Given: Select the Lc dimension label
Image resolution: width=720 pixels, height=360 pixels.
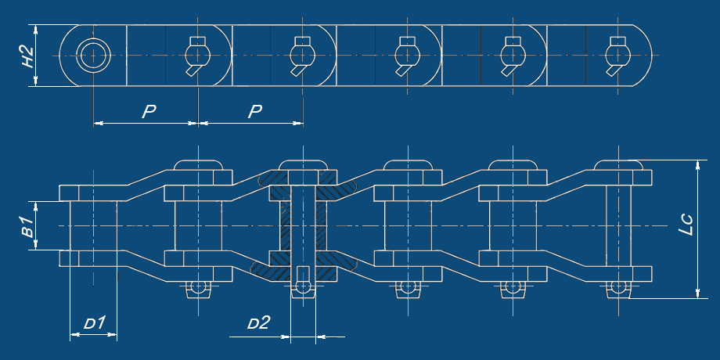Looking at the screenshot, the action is pyautogui.click(x=686, y=225).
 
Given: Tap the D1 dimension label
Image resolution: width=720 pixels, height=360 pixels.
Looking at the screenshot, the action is pyautogui.click(x=95, y=323).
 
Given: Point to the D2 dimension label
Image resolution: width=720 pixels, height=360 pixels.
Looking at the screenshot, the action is pyautogui.click(x=258, y=323).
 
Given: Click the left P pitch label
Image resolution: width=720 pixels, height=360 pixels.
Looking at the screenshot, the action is pyautogui.click(x=149, y=112).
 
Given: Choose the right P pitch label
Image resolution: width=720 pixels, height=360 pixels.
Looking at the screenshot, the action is pyautogui.click(x=255, y=112).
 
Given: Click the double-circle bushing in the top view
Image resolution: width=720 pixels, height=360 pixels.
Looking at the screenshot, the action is pyautogui.click(x=93, y=56).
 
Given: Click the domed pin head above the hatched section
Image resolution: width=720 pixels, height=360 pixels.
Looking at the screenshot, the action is pyautogui.click(x=303, y=164).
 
